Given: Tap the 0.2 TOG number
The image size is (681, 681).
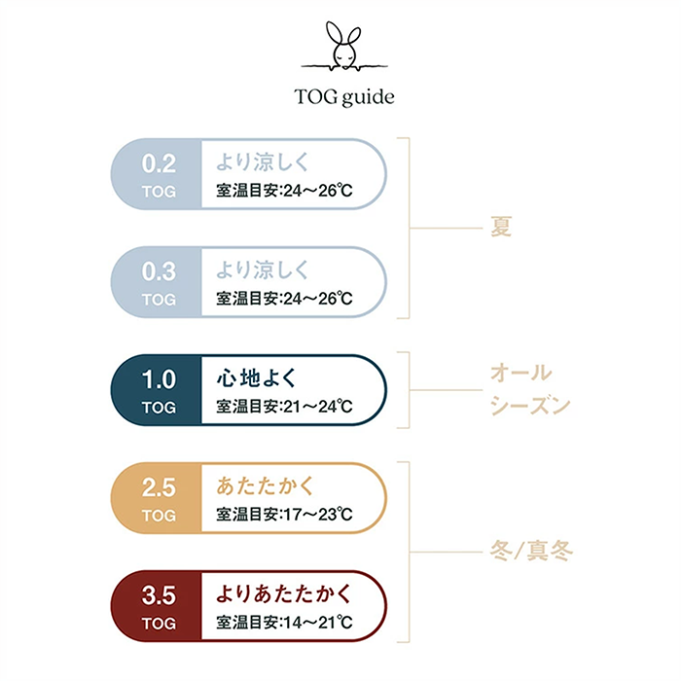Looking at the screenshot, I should (159, 161).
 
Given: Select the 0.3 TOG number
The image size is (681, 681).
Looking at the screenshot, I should (159, 269).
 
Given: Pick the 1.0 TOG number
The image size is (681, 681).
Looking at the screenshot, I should (159, 377).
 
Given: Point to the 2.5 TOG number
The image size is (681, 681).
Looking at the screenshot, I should (159, 485).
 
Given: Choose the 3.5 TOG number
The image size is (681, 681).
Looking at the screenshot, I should (159, 593).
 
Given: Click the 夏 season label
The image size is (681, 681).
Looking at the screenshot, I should (501, 228).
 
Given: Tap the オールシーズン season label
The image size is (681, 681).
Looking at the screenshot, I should (530, 390).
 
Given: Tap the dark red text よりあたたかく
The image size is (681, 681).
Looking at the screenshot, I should (283, 592).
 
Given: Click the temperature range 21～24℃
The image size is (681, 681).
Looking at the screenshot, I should (316, 406).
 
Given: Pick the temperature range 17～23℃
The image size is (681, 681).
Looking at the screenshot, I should (316, 514).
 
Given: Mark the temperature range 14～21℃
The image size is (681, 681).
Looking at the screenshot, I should (316, 622).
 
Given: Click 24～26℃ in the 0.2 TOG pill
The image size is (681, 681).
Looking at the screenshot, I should (316, 190).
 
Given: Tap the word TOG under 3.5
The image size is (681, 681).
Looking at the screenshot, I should (159, 623).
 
